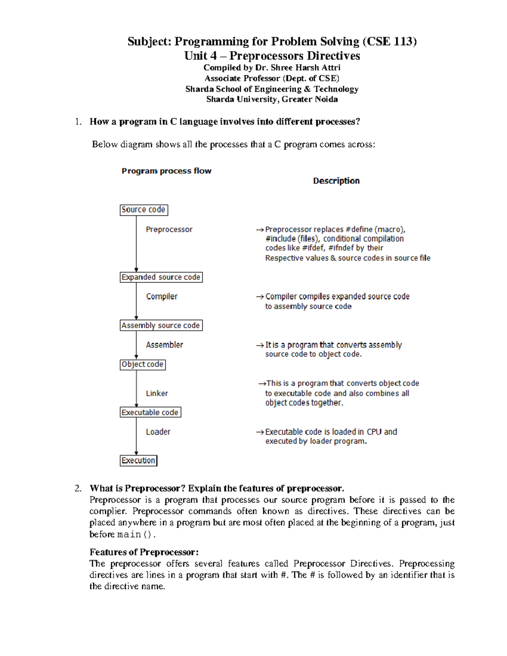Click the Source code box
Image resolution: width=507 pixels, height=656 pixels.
144,210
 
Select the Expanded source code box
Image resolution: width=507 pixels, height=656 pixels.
161,277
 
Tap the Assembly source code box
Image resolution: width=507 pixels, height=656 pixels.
161,325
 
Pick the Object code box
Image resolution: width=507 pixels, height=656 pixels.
142,365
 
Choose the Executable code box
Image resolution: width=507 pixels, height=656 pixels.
150,412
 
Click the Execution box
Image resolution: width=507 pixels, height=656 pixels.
138,460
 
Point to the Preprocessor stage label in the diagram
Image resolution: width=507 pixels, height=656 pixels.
169,229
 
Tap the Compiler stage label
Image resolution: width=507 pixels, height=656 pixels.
162,297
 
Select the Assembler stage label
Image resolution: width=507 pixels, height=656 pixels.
164,345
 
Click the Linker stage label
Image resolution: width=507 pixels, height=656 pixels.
157,393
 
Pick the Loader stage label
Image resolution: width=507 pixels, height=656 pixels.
158,432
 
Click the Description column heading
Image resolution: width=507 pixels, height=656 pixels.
336,181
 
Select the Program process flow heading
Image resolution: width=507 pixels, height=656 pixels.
166,171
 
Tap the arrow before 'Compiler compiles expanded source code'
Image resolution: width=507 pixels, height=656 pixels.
260,297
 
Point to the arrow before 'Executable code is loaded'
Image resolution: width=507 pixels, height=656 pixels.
260,432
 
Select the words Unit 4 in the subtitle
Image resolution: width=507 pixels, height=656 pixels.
200,56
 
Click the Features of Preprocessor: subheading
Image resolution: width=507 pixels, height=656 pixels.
144,552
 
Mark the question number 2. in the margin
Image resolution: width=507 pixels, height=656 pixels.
78,488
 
